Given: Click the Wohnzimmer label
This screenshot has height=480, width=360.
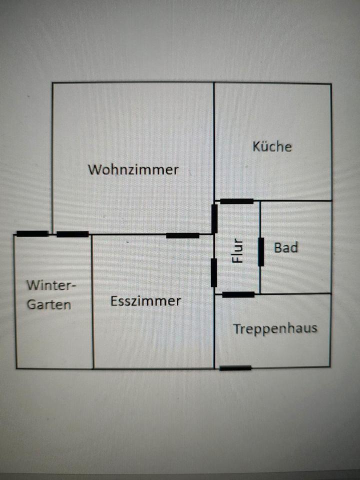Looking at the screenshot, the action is [133, 169].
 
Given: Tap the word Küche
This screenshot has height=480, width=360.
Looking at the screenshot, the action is [272, 146].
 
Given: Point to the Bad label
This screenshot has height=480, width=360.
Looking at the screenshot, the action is [286, 247].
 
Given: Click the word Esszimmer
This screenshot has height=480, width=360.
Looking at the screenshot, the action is [145, 301].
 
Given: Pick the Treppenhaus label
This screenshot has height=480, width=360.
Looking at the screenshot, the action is [275, 328].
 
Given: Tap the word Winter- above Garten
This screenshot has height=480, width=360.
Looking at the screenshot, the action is [50, 285].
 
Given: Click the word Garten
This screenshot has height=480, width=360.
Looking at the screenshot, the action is [49, 304].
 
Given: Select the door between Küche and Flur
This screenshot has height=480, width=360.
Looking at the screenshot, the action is [236, 201].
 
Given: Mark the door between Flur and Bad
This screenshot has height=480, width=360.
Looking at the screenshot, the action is [260, 252].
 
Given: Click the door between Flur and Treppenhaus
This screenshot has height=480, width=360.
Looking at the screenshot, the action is [238, 294].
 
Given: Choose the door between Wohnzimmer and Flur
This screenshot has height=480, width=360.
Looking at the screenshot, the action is [214, 218].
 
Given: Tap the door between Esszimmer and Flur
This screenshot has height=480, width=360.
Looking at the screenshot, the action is [214, 272].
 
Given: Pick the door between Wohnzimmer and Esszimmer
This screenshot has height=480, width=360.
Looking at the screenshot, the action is [182, 235].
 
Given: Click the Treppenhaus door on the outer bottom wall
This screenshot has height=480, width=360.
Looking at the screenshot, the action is [235, 368].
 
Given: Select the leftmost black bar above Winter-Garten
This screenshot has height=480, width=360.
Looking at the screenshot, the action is [32, 233].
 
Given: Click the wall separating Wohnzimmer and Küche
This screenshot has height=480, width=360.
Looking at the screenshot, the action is [214, 140].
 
